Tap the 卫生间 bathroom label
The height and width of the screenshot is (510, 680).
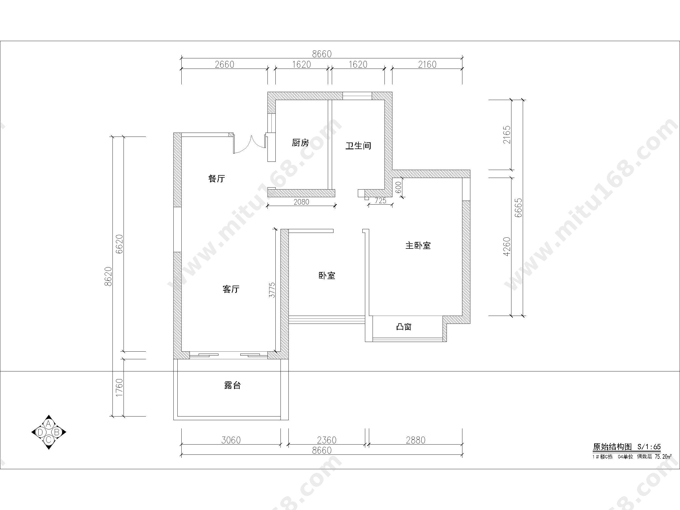(358, 146)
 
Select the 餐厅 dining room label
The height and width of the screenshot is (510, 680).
(217, 178)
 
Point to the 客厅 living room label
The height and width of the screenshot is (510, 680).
(231, 289)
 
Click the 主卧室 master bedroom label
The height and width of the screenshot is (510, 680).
(418, 246)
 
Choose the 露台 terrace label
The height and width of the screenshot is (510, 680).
(232, 385)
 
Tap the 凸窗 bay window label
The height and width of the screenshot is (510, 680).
(404, 327)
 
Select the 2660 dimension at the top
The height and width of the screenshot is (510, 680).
(225, 65)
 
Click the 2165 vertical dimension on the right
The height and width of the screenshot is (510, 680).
(506, 135)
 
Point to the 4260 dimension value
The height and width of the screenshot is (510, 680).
(506, 246)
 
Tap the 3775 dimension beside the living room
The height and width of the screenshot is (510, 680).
(272, 290)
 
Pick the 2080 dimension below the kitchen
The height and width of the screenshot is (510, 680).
(301, 202)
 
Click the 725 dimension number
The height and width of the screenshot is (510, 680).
(381, 201)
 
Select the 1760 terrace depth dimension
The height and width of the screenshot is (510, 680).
(119, 387)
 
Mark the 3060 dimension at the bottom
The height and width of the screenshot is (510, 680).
(231, 440)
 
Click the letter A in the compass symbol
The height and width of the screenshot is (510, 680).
(48, 424)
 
